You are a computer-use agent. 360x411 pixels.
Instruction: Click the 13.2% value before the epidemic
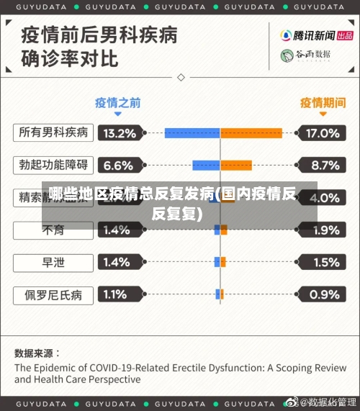coord(120,133)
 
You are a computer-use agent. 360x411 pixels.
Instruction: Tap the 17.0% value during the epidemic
coord(322,133)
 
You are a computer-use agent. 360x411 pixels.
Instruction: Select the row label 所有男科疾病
coord(53,132)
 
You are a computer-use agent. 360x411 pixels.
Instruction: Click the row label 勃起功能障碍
coord(53,165)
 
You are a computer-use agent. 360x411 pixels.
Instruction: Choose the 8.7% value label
coord(322,166)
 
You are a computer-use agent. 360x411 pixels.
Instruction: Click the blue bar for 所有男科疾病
coord(192,133)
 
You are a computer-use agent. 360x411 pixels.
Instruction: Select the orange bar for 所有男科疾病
coord(251,133)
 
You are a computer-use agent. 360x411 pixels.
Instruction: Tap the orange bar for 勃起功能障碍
coord(235,166)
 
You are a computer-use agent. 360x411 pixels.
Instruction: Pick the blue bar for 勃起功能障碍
coord(206,166)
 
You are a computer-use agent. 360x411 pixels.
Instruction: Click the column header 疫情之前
coord(118,102)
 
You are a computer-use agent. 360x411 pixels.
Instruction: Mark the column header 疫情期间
coord(323,102)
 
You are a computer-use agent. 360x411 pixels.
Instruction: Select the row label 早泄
coord(53,262)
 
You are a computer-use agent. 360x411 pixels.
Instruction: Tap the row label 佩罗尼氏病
coord(53,294)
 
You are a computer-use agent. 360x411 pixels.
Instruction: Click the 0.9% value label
coord(322,294)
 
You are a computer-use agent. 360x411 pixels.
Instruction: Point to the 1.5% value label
coord(322,262)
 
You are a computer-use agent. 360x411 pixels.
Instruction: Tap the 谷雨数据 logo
coord(305,55)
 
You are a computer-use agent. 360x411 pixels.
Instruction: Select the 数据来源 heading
coord(37,353)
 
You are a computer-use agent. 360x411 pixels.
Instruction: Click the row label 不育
coord(53,230)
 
